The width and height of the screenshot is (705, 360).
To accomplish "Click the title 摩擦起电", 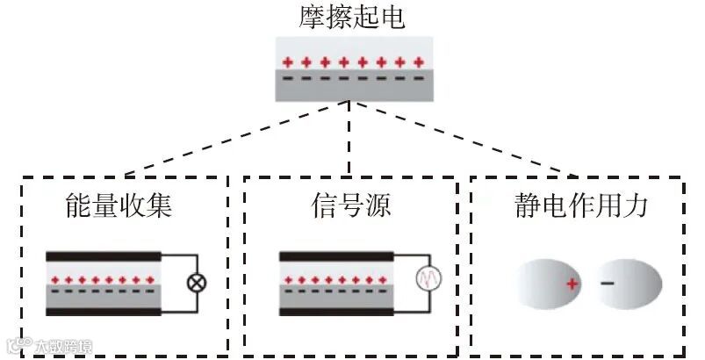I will (351, 18).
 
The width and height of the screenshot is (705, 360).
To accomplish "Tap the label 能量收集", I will (119, 206).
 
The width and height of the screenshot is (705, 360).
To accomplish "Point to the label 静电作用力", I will (581, 206).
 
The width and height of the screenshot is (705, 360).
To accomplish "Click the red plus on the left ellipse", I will (572, 284).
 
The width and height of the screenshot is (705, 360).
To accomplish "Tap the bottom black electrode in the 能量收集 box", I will (104, 311).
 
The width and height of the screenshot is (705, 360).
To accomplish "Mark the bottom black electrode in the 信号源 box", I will (335, 311).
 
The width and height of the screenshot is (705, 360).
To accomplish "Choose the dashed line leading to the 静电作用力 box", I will (465, 139).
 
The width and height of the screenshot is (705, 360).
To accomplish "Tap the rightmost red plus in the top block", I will (419, 62).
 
